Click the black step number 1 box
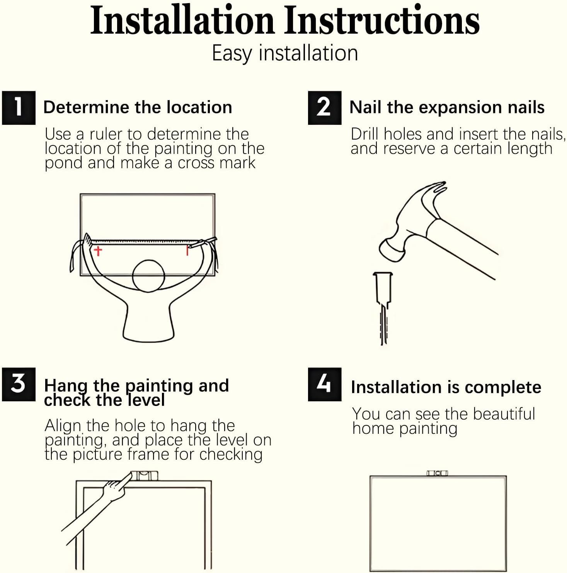[19, 108]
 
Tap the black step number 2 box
[325, 108]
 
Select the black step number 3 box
[19, 384]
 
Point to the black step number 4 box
[325, 384]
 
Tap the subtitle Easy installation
[285, 53]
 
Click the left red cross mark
[98, 251]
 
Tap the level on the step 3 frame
[145, 475]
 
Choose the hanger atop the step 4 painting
[437, 473]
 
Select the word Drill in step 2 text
[365, 134]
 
